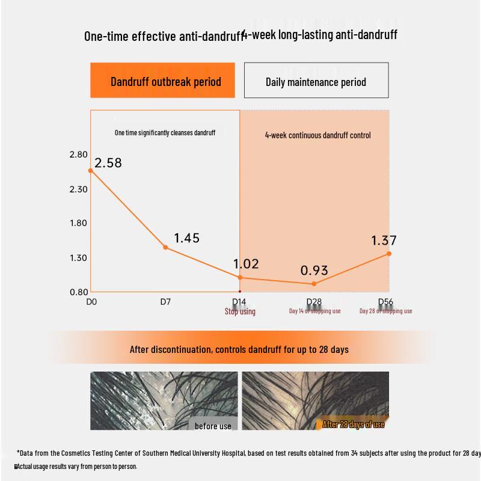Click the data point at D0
(91, 171)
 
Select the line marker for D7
(165, 247)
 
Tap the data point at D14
(240, 277)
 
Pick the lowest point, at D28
(314, 284)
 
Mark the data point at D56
(389, 254)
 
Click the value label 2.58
(108, 163)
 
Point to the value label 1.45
(186, 239)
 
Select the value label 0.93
(314, 271)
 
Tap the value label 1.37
(384, 241)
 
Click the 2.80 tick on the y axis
(79, 155)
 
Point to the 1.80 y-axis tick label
(79, 223)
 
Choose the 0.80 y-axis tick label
(79, 292)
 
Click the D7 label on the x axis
(165, 302)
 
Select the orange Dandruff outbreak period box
(163, 81)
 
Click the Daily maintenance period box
(316, 81)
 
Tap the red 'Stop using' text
(240, 311)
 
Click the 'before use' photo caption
(213, 426)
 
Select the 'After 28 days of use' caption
(354, 424)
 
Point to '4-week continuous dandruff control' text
(317, 135)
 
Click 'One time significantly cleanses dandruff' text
(165, 133)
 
